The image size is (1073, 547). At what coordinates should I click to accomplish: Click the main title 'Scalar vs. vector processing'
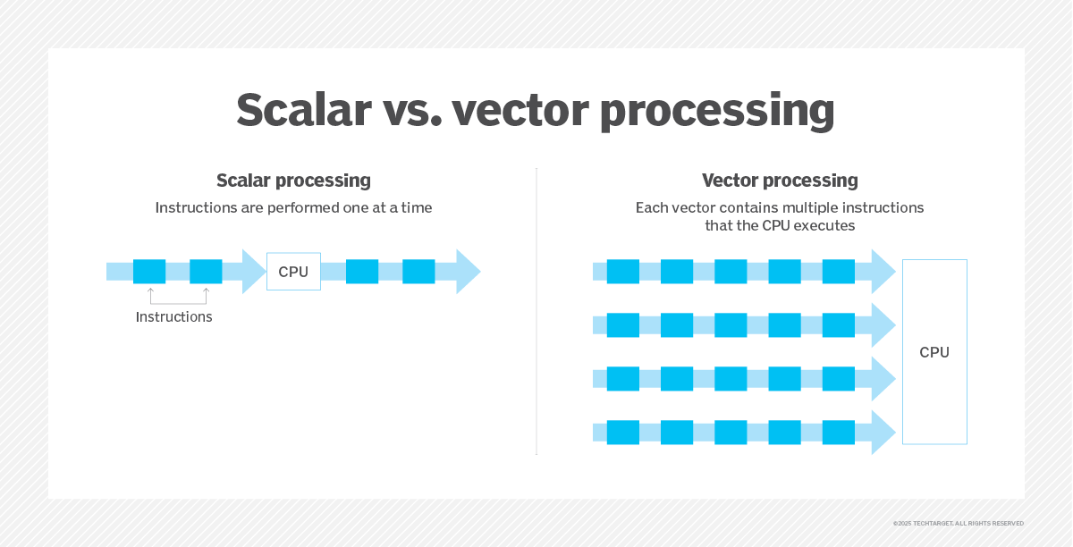coord(535,110)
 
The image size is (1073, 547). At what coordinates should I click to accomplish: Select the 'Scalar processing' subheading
coord(293,181)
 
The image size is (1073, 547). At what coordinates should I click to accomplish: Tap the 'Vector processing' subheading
coord(780,181)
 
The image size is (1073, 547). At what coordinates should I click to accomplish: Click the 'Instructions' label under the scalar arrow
coord(173,316)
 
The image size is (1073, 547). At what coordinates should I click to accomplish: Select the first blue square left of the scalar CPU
coord(149,272)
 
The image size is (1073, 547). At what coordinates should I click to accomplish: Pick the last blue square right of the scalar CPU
coord(418,272)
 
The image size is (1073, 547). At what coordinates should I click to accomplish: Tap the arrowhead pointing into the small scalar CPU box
coord(254,272)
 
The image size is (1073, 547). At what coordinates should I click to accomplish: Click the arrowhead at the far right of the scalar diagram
coord(468,272)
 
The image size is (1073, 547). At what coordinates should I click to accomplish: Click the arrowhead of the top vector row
coord(883,272)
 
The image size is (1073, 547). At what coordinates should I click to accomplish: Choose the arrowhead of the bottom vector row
coord(883,433)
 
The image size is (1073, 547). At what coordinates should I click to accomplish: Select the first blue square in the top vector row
coord(623,272)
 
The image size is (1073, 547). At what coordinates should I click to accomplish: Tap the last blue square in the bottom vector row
coord(839,433)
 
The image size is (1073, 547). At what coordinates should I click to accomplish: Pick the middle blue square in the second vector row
coord(731,325)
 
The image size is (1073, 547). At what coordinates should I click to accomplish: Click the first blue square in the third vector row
coord(623,379)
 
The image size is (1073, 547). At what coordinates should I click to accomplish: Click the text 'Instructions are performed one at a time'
coord(293,208)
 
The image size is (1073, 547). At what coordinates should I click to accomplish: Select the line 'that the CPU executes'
coord(780,225)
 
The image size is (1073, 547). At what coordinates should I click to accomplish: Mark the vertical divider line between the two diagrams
coord(536,311)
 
